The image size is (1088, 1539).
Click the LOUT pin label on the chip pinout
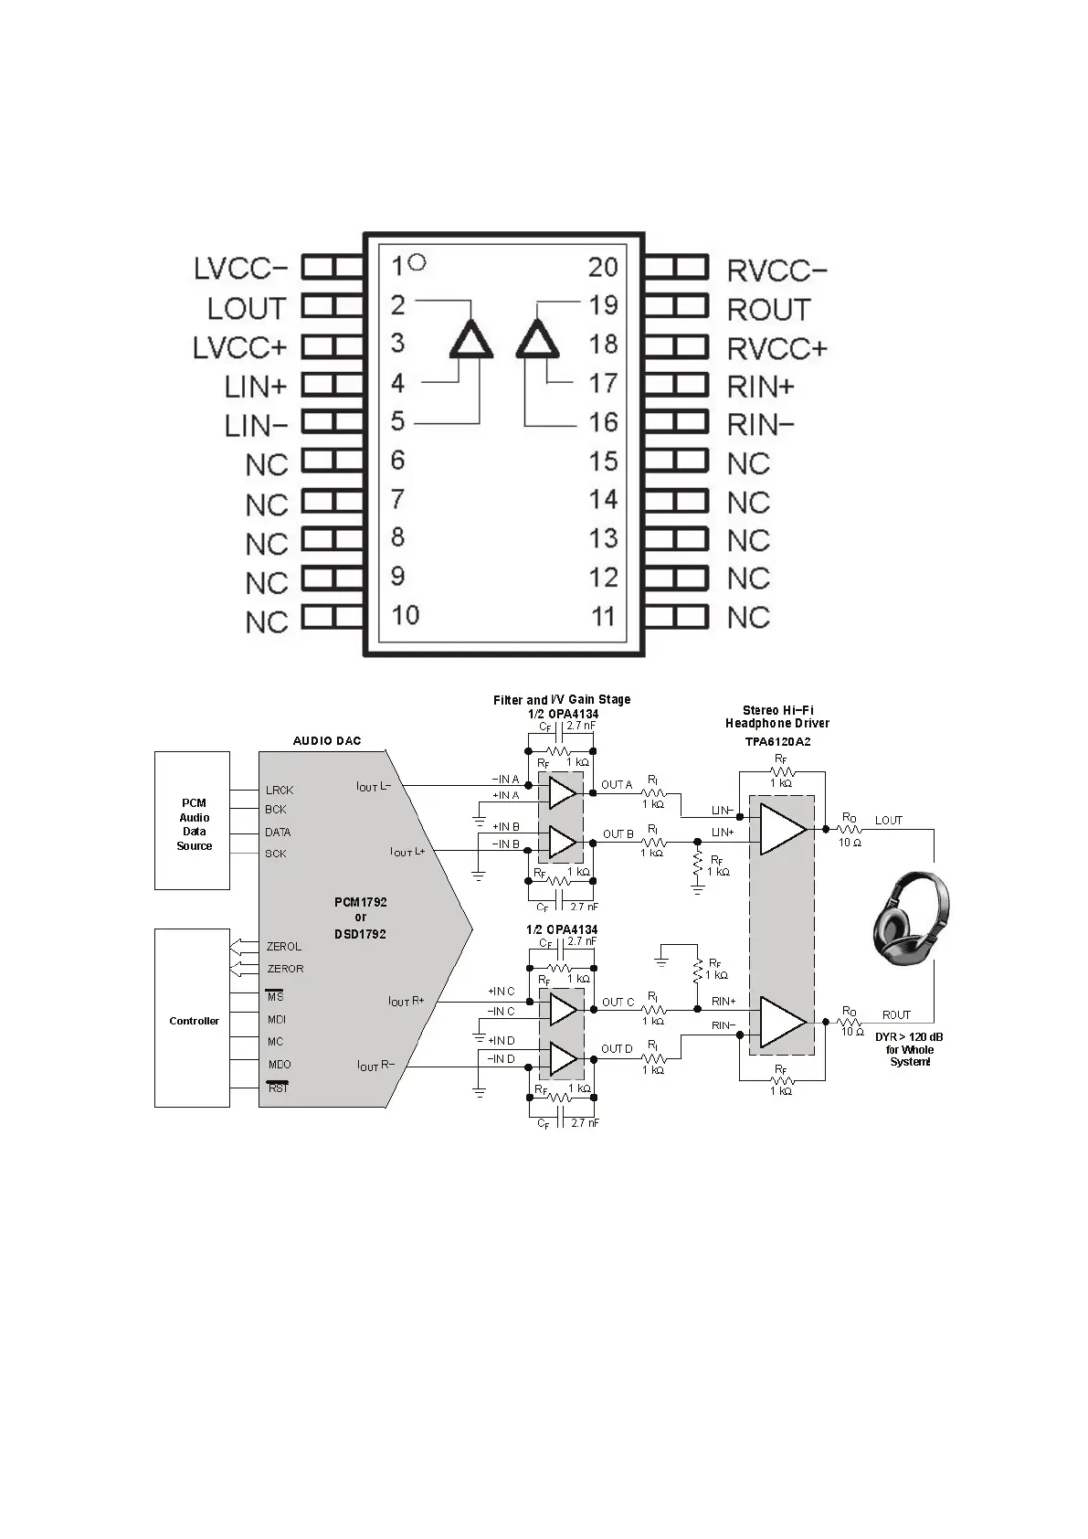247,309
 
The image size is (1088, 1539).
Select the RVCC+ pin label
777,349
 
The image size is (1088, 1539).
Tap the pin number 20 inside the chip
603,267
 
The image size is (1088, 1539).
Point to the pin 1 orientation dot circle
417,262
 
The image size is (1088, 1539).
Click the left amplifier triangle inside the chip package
471,341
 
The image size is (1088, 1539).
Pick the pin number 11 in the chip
603,617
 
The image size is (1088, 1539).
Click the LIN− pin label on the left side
256,426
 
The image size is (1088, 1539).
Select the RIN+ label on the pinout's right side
760,387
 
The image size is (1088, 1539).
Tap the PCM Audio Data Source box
192,821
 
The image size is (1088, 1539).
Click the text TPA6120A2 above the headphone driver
777,742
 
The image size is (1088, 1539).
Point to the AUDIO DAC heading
326,740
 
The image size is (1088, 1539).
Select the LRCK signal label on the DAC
280,791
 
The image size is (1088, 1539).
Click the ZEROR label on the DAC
285,969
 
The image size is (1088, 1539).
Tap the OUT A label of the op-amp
617,785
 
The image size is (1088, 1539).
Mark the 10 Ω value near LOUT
850,843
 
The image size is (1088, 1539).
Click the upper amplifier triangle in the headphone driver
782,829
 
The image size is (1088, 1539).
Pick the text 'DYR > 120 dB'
909,1037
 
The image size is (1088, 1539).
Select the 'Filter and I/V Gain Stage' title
562,700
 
